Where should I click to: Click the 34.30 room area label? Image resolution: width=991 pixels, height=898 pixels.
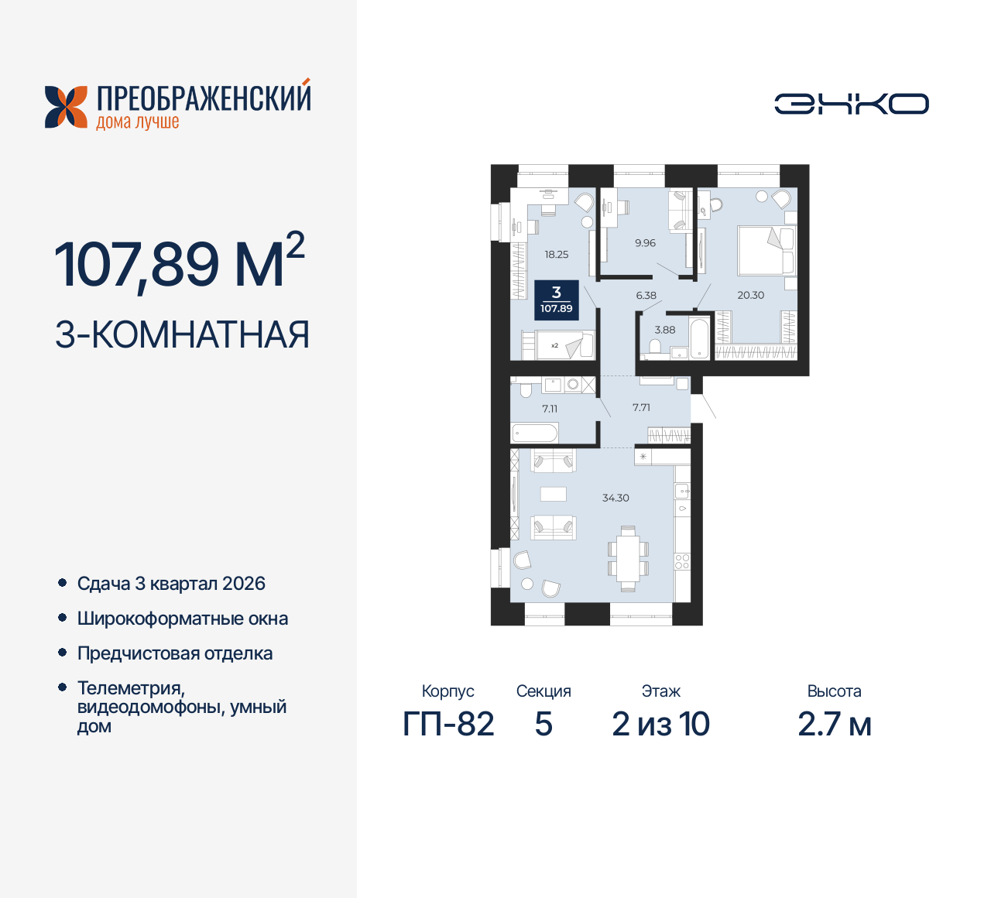(x=616, y=498)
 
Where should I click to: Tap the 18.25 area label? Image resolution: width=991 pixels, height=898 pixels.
(x=556, y=254)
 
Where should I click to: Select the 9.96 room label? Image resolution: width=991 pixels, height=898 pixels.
(x=645, y=243)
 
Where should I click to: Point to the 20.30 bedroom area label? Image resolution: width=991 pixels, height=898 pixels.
(x=750, y=295)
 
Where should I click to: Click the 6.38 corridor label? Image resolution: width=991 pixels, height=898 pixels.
(x=646, y=295)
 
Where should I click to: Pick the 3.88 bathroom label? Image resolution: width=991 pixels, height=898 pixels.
(x=664, y=330)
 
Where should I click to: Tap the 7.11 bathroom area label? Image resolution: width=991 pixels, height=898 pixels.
(x=550, y=409)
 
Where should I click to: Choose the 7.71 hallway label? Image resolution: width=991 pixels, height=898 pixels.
(x=641, y=407)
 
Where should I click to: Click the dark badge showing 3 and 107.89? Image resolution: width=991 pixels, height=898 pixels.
(x=556, y=300)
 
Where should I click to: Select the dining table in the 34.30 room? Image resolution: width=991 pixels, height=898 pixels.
(x=628, y=558)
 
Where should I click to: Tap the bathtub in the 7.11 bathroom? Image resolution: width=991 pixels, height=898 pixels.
(x=534, y=433)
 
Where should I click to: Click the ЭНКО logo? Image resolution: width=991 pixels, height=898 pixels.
(x=852, y=104)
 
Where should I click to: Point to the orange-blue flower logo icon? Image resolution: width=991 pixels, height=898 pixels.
(x=66, y=107)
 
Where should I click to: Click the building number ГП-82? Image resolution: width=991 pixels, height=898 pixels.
(x=448, y=725)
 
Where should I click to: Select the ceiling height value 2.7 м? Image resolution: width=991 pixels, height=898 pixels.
(x=834, y=725)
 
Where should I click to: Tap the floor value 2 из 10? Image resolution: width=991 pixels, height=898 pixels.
(x=660, y=725)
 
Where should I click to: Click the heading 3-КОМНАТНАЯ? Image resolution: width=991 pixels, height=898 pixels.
(x=183, y=334)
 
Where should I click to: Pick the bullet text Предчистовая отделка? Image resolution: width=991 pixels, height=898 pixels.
(x=175, y=653)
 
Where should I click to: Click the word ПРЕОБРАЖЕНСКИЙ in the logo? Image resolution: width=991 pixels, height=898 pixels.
(x=204, y=99)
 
